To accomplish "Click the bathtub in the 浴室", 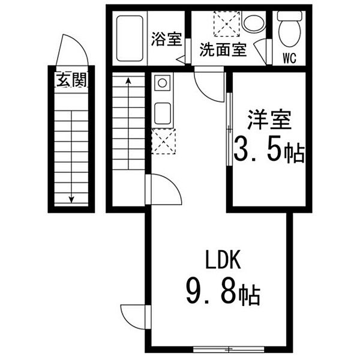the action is click(x=130, y=38).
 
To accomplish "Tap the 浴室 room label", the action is click(x=166, y=39).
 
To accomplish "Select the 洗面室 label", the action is click(x=223, y=50).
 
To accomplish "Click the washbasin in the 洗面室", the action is click(x=253, y=23).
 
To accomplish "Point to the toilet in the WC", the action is click(x=289, y=29).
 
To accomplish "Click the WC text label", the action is click(x=290, y=58).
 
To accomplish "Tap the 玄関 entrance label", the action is click(x=71, y=80).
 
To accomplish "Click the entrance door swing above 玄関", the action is click(x=72, y=50).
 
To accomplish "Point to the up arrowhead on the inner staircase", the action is click(x=128, y=80).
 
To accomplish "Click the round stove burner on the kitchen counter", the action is click(x=163, y=83).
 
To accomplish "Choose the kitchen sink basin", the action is click(x=163, y=113).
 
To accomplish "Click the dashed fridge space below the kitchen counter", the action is click(x=163, y=141).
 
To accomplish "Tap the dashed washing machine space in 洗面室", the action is click(x=227, y=24).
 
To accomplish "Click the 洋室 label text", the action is click(x=269, y=119).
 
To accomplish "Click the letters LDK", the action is click(x=223, y=260).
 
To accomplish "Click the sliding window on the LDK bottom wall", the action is click(x=229, y=349).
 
